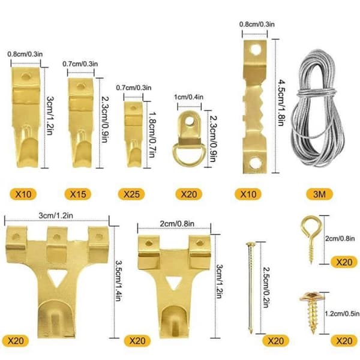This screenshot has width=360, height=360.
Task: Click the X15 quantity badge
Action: coord(78,194)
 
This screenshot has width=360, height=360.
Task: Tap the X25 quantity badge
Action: coord(131,194)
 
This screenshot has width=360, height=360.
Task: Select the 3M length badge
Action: coord(319,194)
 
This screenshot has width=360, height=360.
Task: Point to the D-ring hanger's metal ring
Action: coord(188,161)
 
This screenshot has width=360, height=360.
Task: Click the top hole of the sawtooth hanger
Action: coord(256,50)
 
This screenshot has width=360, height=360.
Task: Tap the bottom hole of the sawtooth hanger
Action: coord(256,163)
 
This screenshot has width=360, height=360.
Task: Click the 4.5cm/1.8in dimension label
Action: coord(281,103)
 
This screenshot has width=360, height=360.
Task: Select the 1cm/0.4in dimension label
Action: coord(189,97)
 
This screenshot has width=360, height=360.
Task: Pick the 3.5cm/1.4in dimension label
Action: coord(118,281)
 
